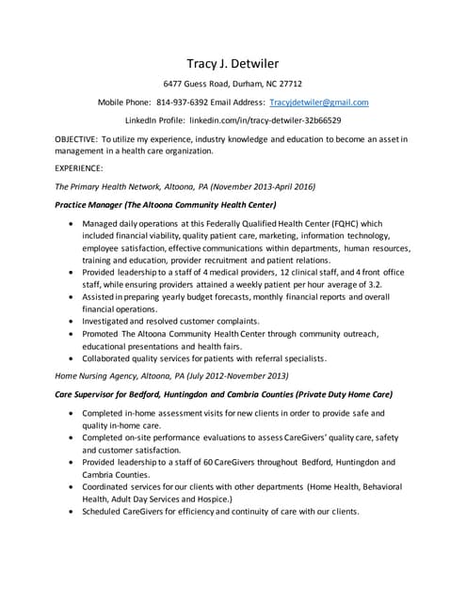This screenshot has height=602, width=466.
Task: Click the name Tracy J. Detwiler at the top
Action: (x=233, y=62)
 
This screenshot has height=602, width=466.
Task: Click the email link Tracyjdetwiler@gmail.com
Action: (x=318, y=102)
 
